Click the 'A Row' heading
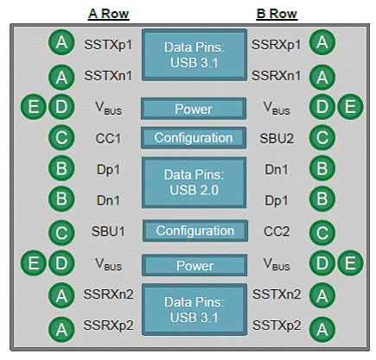(109, 14)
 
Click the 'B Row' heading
(277, 14)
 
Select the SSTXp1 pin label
(108, 45)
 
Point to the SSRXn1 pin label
(276, 76)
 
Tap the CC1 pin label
(108, 138)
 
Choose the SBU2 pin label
(277, 138)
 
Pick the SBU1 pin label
(108, 231)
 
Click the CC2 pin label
(277, 231)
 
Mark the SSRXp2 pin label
(108, 325)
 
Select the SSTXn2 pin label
(277, 294)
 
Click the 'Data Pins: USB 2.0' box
(194, 182)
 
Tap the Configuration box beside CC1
(194, 138)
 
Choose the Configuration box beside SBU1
(195, 231)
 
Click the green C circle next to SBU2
(322, 137)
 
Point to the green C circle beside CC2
(322, 233)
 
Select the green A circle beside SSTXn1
(61, 77)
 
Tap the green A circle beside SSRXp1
(322, 42)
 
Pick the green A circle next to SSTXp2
(322, 329)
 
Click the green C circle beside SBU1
(61, 233)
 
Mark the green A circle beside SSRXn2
(61, 295)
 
